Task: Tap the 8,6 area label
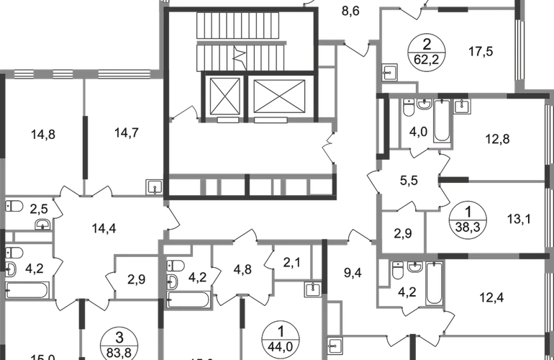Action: point(350,11)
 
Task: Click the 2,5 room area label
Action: point(40,209)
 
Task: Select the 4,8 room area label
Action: point(243,271)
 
